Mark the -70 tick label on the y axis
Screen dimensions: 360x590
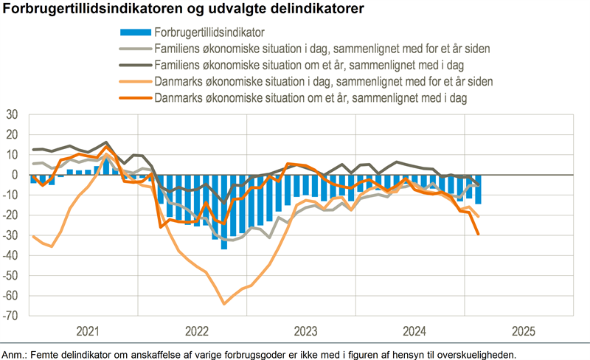[x=10, y=316]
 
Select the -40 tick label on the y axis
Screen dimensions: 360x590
[x=10, y=256]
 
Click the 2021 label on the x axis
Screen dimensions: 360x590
[x=88, y=330]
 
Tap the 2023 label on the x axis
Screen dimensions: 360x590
[x=305, y=330]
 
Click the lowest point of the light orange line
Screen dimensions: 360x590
[x=223, y=303]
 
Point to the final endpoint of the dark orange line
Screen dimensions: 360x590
[x=479, y=235]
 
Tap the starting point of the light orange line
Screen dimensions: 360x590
[x=34, y=237]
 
